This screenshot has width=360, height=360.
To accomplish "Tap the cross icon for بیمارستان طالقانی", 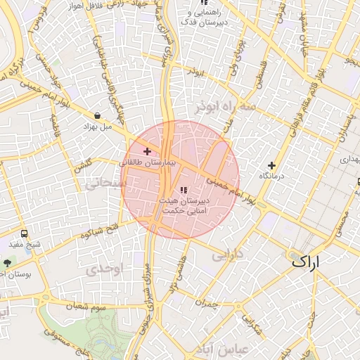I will pyautogui.click(x=147, y=151).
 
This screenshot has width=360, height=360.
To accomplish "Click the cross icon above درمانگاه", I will pyautogui.click(x=271, y=165).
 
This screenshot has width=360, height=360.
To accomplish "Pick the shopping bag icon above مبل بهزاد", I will pyautogui.click(x=96, y=116).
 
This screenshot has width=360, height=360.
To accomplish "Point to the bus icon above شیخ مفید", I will pyautogui.click(x=25, y=233).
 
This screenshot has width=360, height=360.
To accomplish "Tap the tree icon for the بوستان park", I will pyautogui.click(x=8, y=262).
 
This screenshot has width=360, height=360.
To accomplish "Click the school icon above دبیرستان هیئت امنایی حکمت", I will pyautogui.click(x=184, y=190).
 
